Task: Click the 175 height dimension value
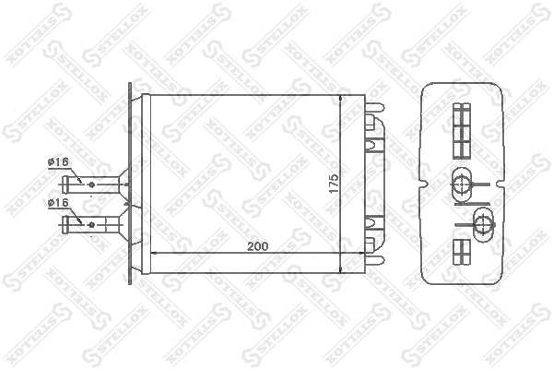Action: coord(335,181)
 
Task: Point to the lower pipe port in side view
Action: coord(482,220)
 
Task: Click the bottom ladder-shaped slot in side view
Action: coord(462,252)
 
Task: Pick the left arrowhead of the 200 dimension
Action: coord(153,254)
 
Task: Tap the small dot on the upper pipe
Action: coord(94,184)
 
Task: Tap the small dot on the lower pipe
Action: coord(94,221)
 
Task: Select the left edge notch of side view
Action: coord(423,183)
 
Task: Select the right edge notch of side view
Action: coord(506,183)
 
